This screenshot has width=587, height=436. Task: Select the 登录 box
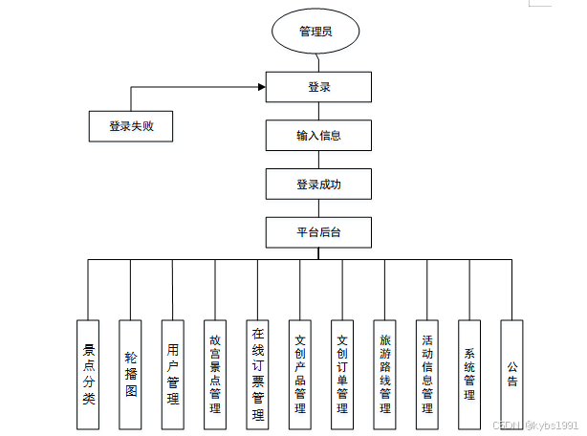(x=318, y=88)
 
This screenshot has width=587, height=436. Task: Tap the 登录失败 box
(x=130, y=126)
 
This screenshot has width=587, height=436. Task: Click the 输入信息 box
(x=318, y=136)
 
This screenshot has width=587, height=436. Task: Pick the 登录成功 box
(x=318, y=184)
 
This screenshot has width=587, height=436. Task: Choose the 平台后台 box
(x=318, y=232)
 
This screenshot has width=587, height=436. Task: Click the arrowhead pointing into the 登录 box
(x=260, y=88)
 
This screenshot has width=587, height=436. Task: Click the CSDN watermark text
(x=535, y=425)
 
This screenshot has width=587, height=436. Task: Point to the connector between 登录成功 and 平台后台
(x=318, y=208)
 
